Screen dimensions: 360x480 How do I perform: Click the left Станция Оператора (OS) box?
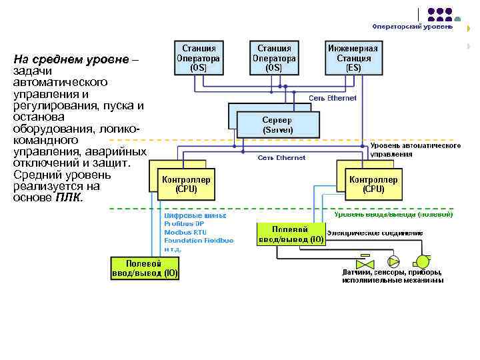point(198,58)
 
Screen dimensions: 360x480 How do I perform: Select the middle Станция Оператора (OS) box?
point(273,58)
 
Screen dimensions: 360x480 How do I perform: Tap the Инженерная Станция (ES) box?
point(353,58)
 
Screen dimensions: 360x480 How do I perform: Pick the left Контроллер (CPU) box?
point(186,184)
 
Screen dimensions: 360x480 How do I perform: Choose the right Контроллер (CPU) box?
point(373,184)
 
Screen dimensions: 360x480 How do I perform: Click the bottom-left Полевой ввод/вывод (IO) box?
point(144,268)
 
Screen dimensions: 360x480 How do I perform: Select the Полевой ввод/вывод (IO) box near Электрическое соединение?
point(291,234)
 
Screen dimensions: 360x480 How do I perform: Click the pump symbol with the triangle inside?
point(393,260)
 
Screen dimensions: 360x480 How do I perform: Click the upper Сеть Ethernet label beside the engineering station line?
point(332,97)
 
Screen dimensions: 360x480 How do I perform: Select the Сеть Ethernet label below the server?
point(281,158)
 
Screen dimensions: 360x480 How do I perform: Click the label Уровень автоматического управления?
point(415,149)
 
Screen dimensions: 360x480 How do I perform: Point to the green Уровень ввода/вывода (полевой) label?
point(393,215)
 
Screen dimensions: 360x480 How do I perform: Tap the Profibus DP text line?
point(184,224)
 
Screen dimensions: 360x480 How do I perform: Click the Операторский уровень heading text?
point(412,27)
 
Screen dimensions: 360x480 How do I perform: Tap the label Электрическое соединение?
point(375,233)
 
